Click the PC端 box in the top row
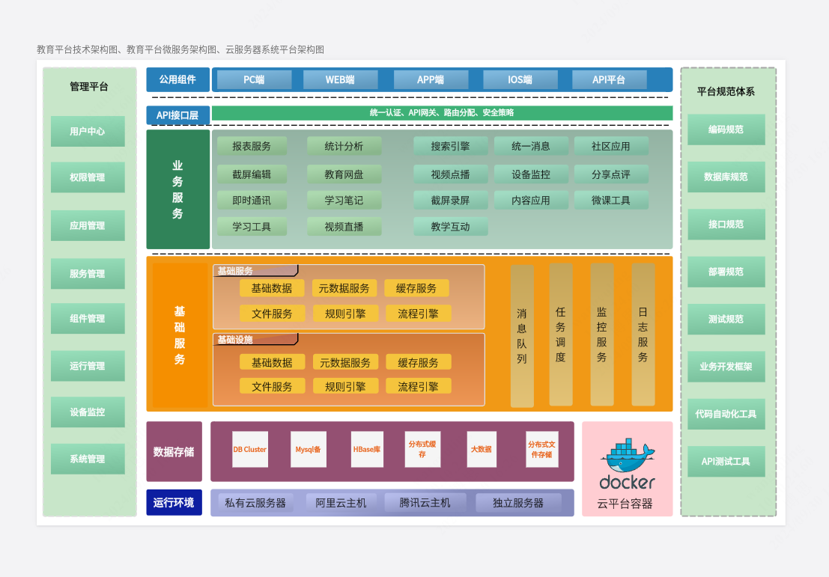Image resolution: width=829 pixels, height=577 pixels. [x=254, y=80]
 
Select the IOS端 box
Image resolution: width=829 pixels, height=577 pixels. [x=520, y=80]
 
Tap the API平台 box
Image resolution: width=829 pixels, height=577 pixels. [x=609, y=80]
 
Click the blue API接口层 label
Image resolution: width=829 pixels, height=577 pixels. [x=177, y=115]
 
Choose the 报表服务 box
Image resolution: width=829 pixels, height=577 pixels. [x=252, y=147]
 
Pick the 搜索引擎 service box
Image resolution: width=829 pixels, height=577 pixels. [x=450, y=147]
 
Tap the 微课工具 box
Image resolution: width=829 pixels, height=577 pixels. [x=611, y=201]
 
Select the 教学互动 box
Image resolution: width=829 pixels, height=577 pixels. [x=450, y=227]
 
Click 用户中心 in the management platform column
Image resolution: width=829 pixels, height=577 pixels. [x=88, y=132]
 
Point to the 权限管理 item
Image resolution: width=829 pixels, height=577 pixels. [x=88, y=178]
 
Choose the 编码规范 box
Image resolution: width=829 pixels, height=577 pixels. [x=726, y=129]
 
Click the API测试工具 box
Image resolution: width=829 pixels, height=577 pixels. [x=726, y=462]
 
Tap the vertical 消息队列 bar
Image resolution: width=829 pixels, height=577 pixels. [x=522, y=336]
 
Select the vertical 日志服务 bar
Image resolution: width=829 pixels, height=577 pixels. [x=643, y=335]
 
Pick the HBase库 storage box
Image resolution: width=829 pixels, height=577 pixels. [x=367, y=450]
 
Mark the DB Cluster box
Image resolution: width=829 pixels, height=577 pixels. [x=250, y=450]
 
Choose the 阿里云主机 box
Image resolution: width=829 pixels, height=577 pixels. [x=341, y=503]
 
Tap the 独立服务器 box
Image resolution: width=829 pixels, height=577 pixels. [x=517, y=503]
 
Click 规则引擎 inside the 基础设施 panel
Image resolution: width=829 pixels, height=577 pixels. [x=345, y=387]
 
